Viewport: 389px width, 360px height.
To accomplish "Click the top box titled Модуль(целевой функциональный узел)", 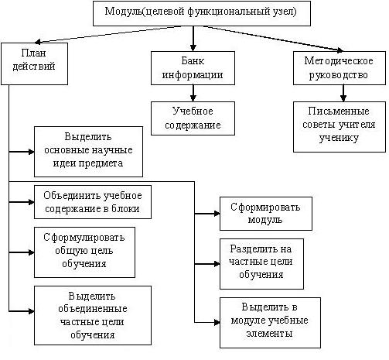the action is (x=202, y=13).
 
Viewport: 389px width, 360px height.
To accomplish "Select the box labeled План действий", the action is (x=34, y=63).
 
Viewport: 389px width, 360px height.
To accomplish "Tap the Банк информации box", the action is (x=193, y=68).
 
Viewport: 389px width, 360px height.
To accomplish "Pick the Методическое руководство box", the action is (x=340, y=68).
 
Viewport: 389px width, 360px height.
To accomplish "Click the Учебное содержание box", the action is (x=193, y=118).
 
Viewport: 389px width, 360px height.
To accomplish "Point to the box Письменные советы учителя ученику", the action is (x=340, y=127).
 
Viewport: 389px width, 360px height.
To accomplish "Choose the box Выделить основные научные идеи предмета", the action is (x=88, y=152).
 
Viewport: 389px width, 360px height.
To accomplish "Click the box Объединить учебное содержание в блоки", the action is (x=93, y=202).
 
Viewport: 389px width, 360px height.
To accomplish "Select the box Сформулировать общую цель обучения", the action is (x=84, y=252).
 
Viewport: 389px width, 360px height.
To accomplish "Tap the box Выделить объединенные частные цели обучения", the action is (x=93, y=315).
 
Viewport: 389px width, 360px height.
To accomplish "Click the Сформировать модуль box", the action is (x=266, y=214).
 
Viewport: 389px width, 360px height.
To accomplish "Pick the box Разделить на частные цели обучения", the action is (x=261, y=264).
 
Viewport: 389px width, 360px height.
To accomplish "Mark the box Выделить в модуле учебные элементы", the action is (x=270, y=323).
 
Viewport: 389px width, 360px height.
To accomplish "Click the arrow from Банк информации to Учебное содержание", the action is (x=193, y=93).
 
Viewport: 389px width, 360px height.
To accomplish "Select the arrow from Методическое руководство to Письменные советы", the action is (x=343, y=93).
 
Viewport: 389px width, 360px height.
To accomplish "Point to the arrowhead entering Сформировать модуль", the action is (x=217, y=214).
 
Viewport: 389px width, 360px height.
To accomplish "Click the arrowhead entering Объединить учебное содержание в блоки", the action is (x=32, y=202).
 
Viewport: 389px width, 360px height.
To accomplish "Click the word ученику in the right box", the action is (x=339, y=138).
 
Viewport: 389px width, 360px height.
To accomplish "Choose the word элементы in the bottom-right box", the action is (x=269, y=334).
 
